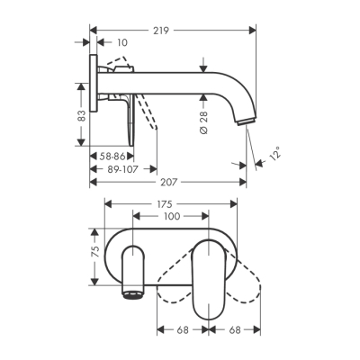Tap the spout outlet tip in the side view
coord(244,122)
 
